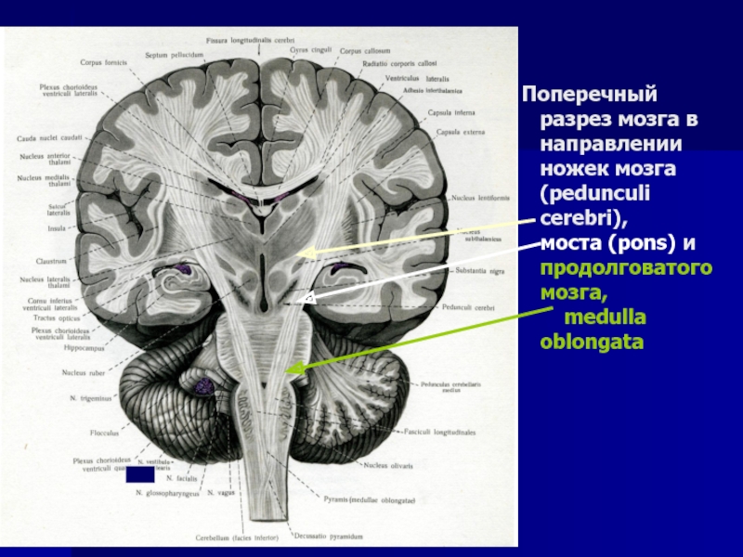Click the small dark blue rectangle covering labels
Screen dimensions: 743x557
tap(139, 474)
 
